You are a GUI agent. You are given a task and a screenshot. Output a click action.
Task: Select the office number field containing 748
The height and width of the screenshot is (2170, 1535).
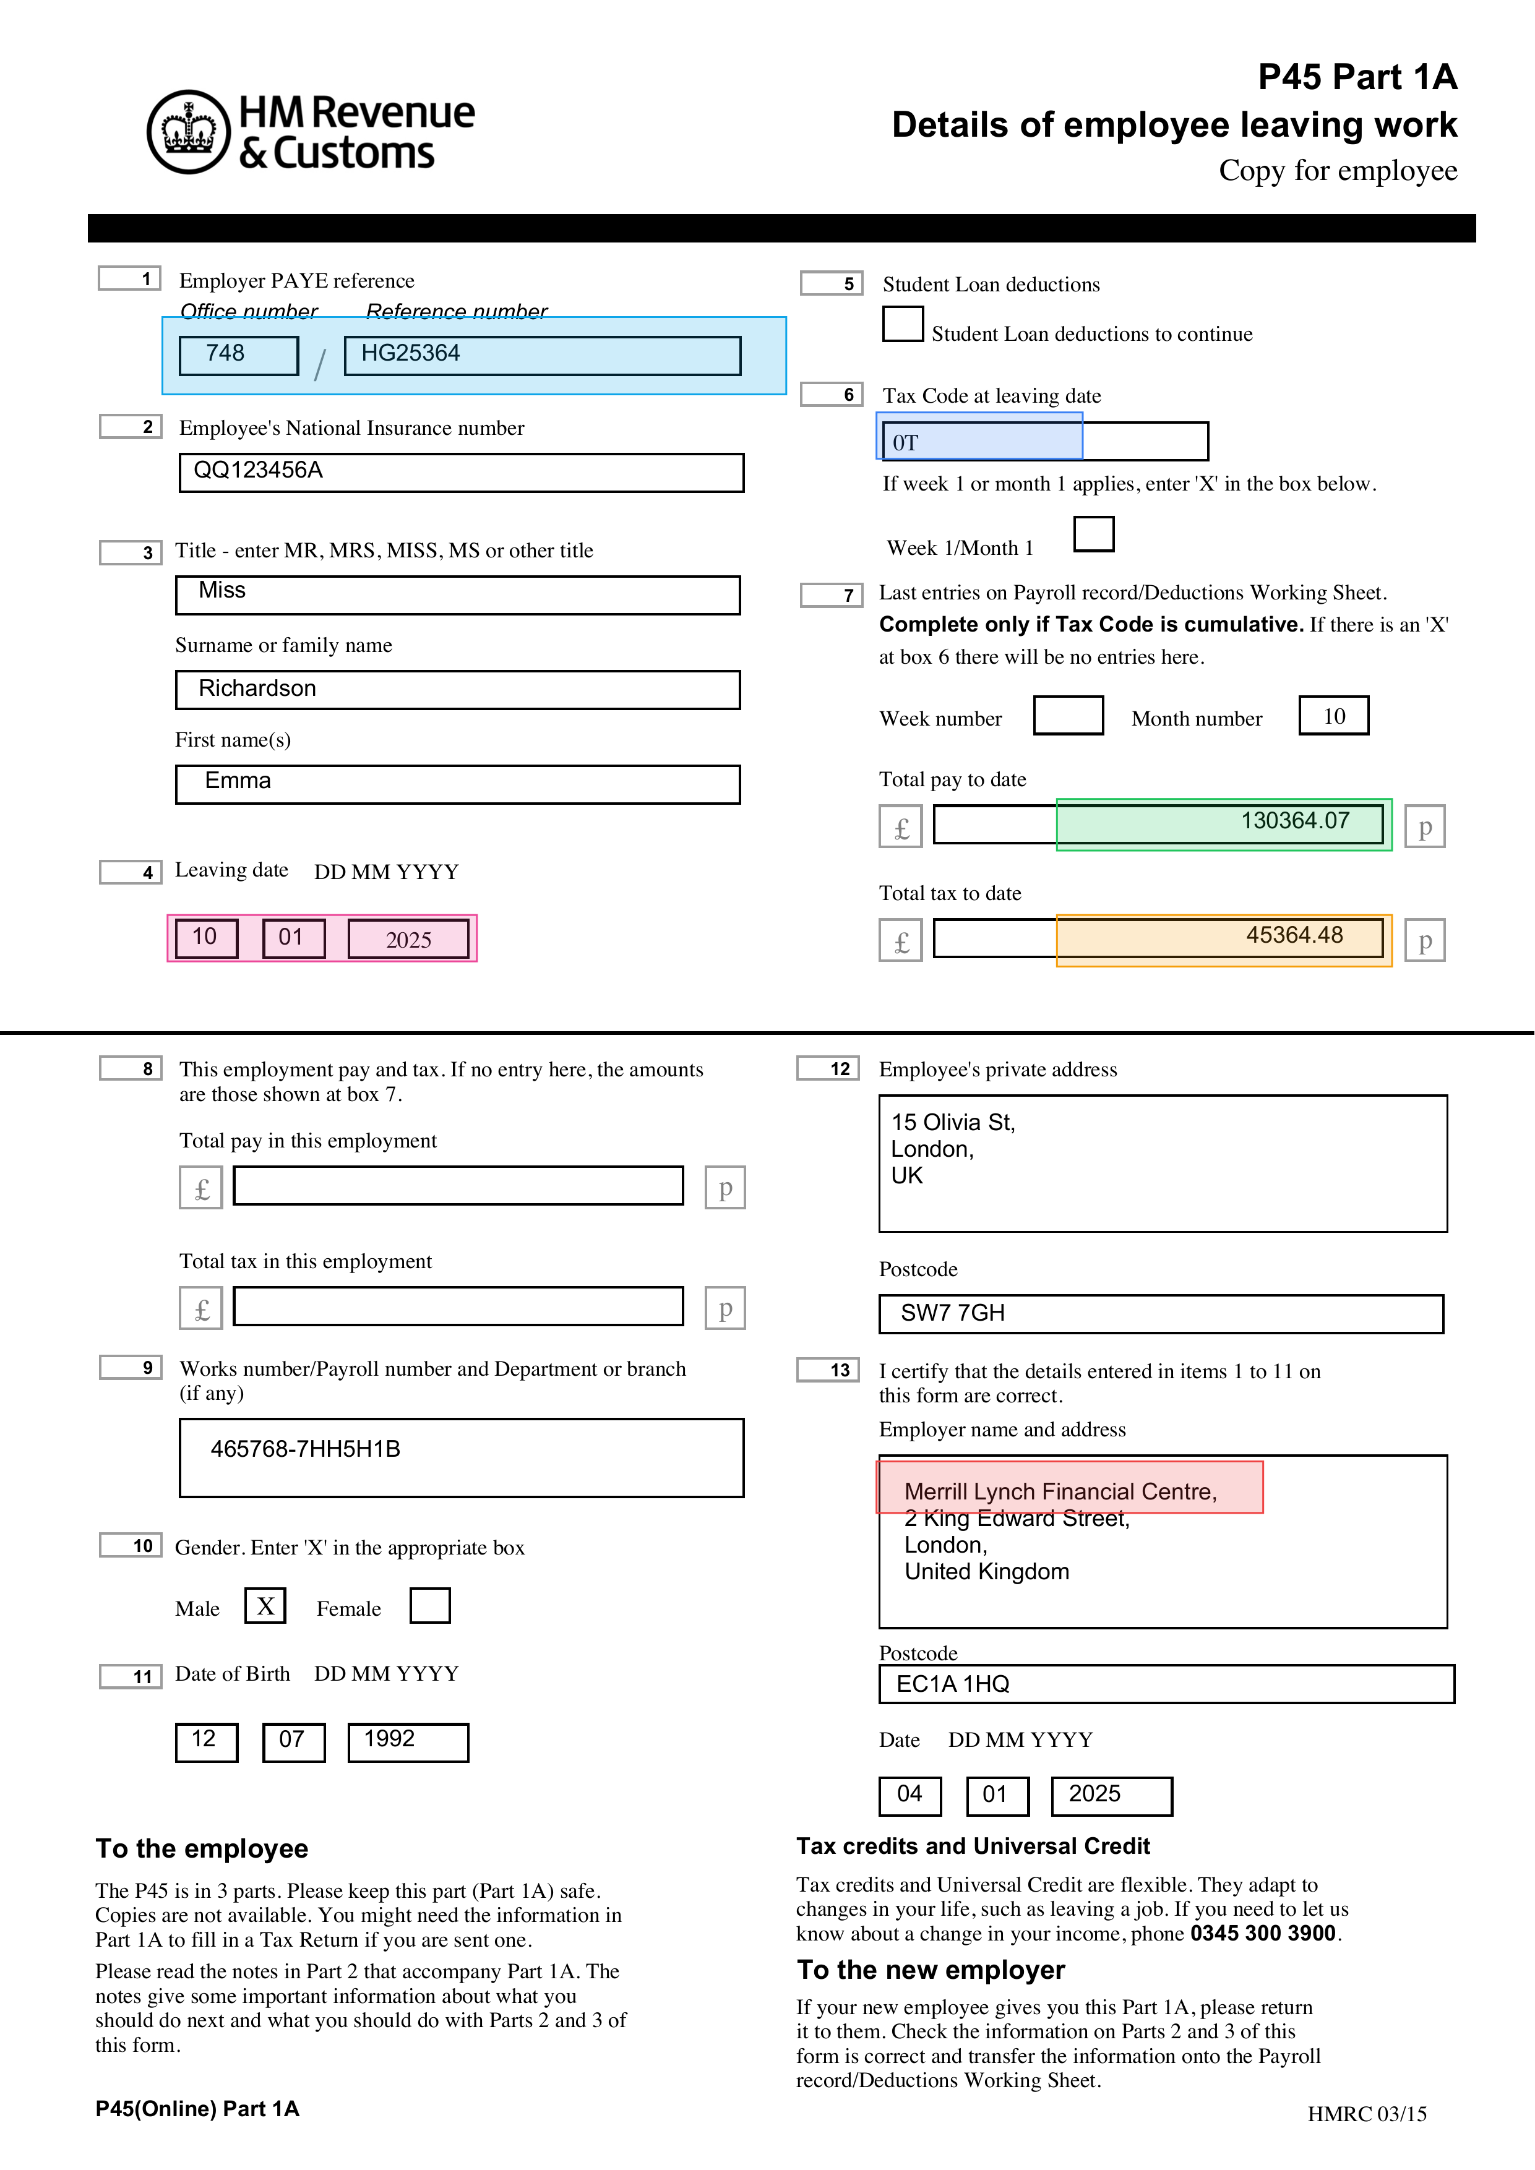click(x=238, y=355)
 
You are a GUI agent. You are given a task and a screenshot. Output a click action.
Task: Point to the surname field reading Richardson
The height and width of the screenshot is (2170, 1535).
click(x=457, y=689)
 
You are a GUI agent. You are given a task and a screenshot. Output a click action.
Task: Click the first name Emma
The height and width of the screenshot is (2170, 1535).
click(x=457, y=784)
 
